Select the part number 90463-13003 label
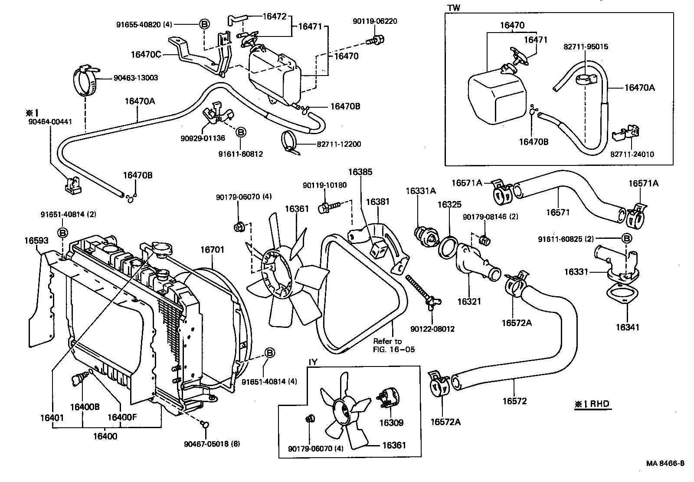(x=136, y=78)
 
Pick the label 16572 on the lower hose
(x=514, y=401)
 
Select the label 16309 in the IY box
(x=391, y=423)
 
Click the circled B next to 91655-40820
(x=204, y=24)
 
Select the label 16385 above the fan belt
(x=360, y=172)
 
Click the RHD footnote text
(x=592, y=404)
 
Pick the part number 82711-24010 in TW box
(x=632, y=154)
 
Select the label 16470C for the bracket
(x=146, y=54)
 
